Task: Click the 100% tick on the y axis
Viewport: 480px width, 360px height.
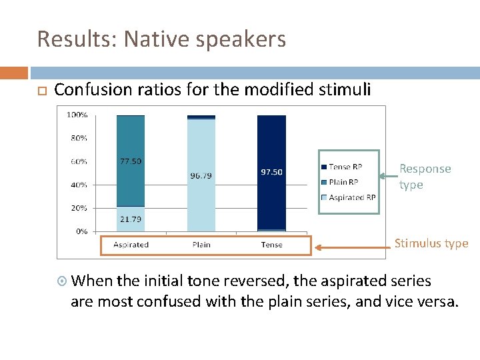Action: (x=77, y=115)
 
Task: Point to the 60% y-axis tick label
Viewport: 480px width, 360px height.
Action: (x=78, y=161)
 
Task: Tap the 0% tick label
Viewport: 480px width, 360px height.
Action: (x=81, y=231)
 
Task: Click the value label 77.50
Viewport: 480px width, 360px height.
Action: (x=131, y=161)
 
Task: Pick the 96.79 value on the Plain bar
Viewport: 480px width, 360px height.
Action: (x=201, y=176)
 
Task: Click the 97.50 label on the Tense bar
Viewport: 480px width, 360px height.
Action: (x=271, y=171)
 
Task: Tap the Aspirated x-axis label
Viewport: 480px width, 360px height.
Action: (x=131, y=245)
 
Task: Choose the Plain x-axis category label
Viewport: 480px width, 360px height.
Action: (x=201, y=245)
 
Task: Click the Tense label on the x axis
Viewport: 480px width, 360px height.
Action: (x=271, y=245)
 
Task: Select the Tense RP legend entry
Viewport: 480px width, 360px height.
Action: (x=345, y=167)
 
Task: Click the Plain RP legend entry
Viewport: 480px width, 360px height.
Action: (x=344, y=182)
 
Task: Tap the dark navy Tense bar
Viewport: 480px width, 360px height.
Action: (x=271, y=200)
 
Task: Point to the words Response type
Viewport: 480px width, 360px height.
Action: (x=425, y=177)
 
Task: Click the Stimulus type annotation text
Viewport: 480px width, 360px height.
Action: (x=431, y=243)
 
